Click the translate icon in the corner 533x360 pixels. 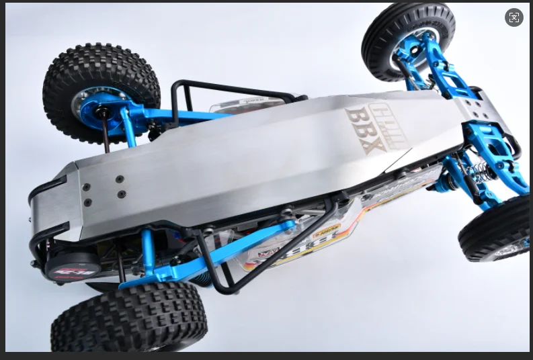tap(514, 18)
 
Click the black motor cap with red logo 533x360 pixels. tap(73, 263)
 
